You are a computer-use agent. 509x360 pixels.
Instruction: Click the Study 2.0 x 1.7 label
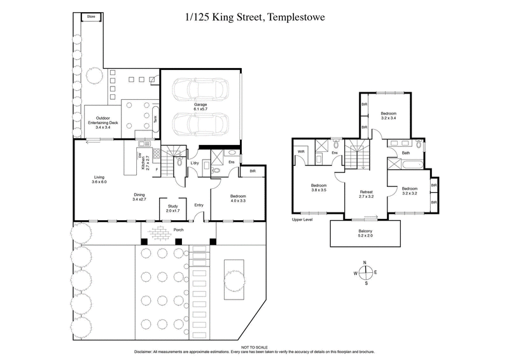pos(172,209)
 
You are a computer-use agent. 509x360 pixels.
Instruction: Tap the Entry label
pos(199,205)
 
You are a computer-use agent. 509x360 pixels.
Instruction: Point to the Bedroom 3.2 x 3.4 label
pos(389,114)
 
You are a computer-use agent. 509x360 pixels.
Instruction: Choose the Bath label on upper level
pos(405,153)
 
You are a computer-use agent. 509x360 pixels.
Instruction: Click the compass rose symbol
pos(365,273)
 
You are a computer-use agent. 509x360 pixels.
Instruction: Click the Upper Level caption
pos(303,220)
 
